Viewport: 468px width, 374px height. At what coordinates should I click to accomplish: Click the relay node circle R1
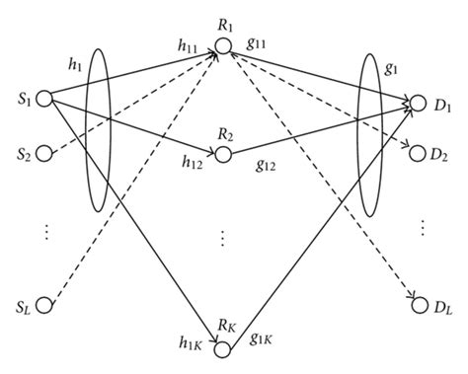(x=225, y=45)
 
